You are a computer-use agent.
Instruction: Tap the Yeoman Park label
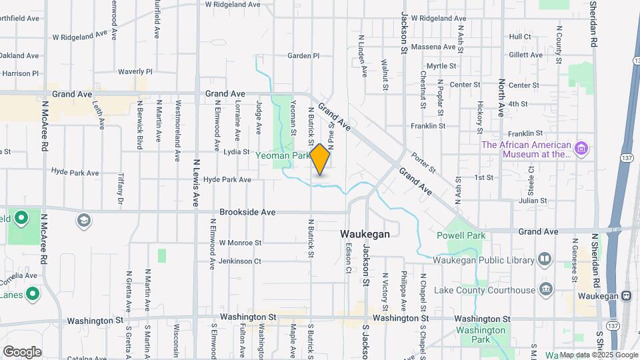(283, 155)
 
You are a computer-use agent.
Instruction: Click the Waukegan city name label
(365, 235)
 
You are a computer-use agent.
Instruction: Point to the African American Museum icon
(581, 148)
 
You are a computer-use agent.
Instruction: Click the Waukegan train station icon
(626, 295)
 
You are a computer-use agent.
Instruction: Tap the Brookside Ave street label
(247, 212)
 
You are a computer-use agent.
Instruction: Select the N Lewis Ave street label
(196, 182)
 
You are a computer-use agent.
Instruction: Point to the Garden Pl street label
(303, 56)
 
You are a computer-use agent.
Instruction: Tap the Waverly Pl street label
(135, 71)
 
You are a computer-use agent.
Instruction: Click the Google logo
(22, 351)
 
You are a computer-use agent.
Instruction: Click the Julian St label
(533, 200)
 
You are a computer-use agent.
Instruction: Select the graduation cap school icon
(84, 220)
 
